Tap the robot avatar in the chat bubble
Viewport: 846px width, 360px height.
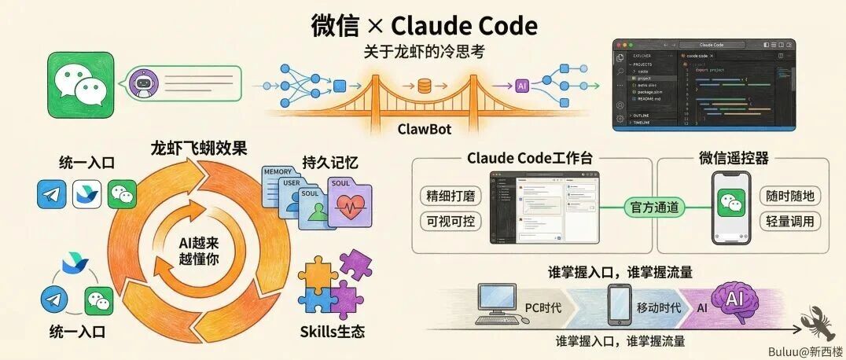pos(143,82)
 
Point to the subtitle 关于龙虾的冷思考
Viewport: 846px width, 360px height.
pos(422,50)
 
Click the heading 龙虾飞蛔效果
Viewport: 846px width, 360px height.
pos(199,149)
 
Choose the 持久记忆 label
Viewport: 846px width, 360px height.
pos(330,163)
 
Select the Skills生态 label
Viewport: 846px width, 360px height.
pos(332,330)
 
